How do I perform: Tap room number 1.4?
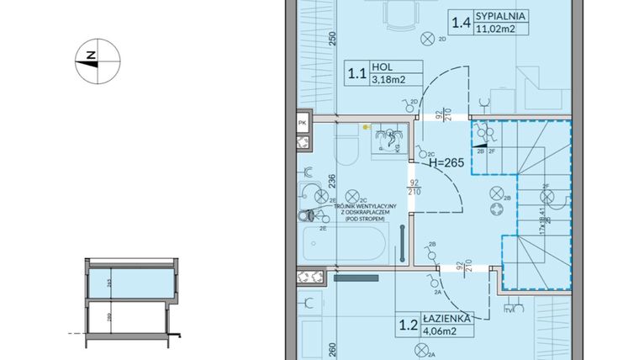coord(462,22)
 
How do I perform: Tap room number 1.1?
coord(357,73)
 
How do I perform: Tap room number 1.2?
coord(409,324)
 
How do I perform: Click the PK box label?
coord(302,123)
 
